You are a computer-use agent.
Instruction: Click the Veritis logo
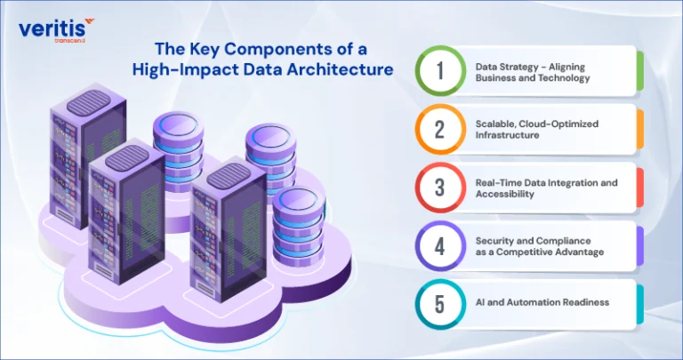coord(56,30)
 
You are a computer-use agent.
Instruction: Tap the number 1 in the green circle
coord(440,71)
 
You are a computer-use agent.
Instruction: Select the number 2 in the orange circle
coord(440,129)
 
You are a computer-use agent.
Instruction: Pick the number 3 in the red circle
coord(440,188)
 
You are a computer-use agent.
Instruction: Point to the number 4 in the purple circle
coord(440,246)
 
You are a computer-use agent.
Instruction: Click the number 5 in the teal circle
coord(440,305)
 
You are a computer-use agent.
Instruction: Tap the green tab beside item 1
coord(640,71)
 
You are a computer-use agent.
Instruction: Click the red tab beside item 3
coord(640,188)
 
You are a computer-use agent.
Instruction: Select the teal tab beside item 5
coord(640,305)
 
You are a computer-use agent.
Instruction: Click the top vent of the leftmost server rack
coord(88,102)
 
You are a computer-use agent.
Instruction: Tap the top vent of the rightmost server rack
coord(229,175)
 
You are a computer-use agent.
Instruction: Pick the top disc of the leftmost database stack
coord(178,125)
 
